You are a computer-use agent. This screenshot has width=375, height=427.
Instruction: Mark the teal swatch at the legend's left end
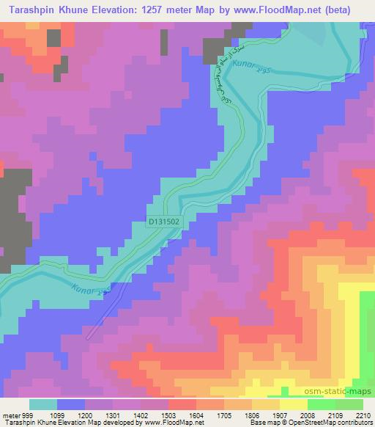42,404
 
